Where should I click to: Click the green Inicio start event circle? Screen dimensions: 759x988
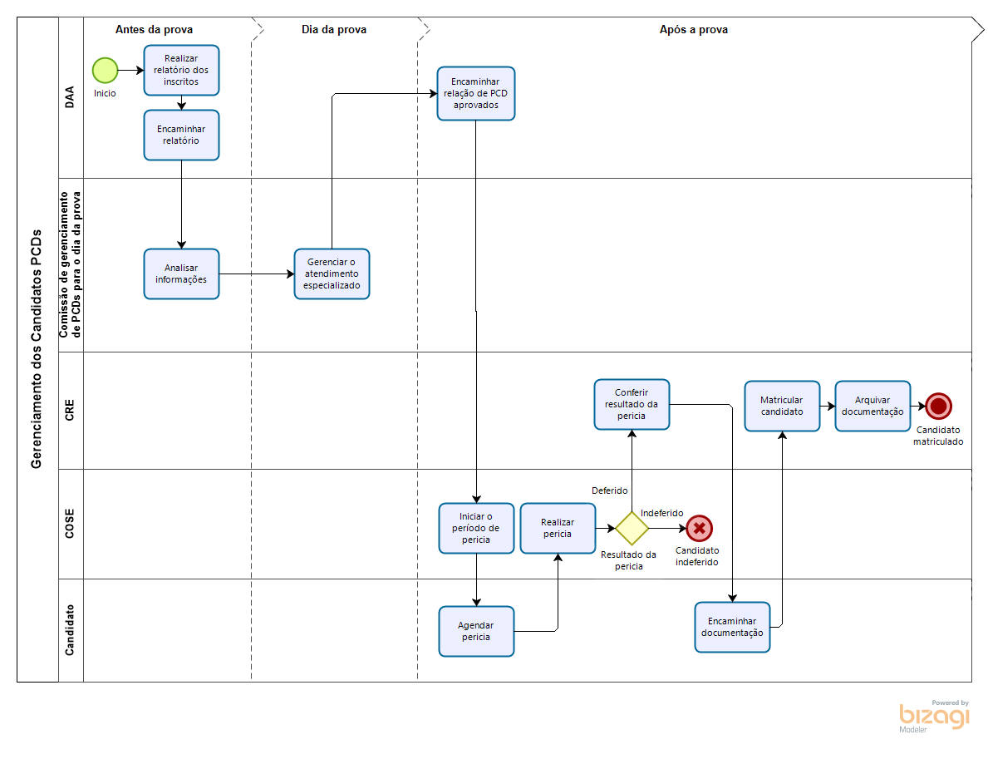106,70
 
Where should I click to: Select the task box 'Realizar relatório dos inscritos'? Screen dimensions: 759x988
181,70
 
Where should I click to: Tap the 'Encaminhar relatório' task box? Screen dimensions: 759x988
181,135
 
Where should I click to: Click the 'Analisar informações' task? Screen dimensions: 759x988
181,274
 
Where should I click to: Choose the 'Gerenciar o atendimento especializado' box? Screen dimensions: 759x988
332,274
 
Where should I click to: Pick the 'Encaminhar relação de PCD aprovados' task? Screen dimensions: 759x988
476,93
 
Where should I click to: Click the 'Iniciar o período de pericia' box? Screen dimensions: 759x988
476,528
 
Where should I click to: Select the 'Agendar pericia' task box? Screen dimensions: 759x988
476,631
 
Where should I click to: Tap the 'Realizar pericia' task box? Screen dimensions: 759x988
558,528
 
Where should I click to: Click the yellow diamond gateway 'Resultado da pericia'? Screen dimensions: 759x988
632,528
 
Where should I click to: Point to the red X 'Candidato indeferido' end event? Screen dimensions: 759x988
700,528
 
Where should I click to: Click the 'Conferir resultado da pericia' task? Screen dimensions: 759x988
632,404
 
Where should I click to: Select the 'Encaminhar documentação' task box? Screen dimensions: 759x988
732,627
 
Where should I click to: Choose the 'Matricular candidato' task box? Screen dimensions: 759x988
782,406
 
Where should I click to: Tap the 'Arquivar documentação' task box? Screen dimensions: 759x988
872,406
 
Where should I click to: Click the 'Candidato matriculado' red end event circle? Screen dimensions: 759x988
939,406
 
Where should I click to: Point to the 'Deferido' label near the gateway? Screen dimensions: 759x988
609,490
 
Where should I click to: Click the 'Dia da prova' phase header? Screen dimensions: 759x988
334,29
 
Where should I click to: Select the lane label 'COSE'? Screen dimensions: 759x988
70,523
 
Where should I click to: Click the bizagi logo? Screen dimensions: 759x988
934,716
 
